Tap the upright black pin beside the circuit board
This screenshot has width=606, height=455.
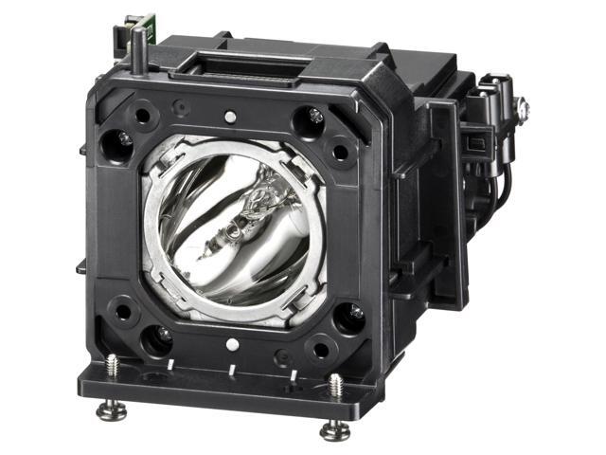click(x=139, y=48)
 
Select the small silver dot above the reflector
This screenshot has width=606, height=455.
click(x=230, y=117)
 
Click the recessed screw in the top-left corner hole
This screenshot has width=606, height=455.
click(x=124, y=138)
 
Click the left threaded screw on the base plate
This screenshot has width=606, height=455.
click(x=113, y=366)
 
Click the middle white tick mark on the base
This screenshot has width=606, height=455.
click(x=231, y=370)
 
